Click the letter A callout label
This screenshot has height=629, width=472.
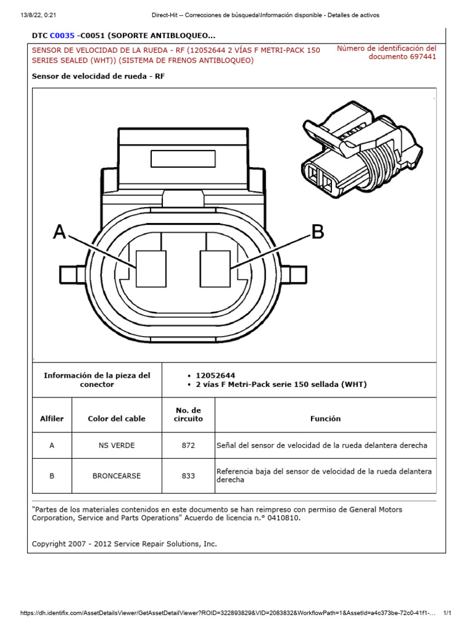[x=60, y=232]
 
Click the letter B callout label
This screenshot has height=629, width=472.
[x=317, y=232]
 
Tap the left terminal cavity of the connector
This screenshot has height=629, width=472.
[x=151, y=269]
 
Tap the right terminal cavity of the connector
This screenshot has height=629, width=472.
[x=215, y=269]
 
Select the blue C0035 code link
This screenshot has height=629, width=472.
[x=62, y=36]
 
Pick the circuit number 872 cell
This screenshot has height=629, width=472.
[x=188, y=445]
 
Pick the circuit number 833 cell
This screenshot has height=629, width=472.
[x=188, y=475]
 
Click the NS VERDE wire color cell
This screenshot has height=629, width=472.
[x=117, y=445]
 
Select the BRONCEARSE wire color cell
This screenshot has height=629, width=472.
[x=117, y=475]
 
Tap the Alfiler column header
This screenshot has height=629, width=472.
[x=52, y=418]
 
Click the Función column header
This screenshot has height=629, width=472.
[x=325, y=418]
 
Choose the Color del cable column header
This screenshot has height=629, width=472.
[x=117, y=418]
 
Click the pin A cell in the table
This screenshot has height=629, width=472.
[x=52, y=445]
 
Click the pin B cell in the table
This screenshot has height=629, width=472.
[x=52, y=475]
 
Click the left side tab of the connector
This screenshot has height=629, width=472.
[x=71, y=272]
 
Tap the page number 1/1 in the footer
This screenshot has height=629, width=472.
[x=447, y=613]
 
